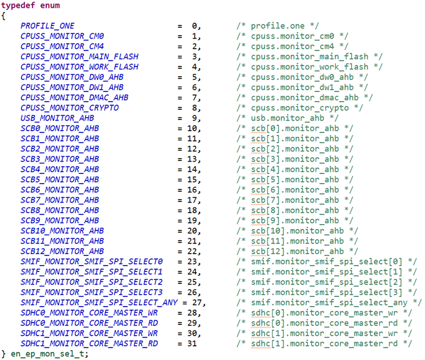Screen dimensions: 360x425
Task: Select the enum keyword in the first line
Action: click(49, 5)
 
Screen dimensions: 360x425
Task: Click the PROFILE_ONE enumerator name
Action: click(48, 26)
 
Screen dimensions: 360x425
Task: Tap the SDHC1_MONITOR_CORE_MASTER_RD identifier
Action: click(89, 343)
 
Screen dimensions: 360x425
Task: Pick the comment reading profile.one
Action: click(279, 26)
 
